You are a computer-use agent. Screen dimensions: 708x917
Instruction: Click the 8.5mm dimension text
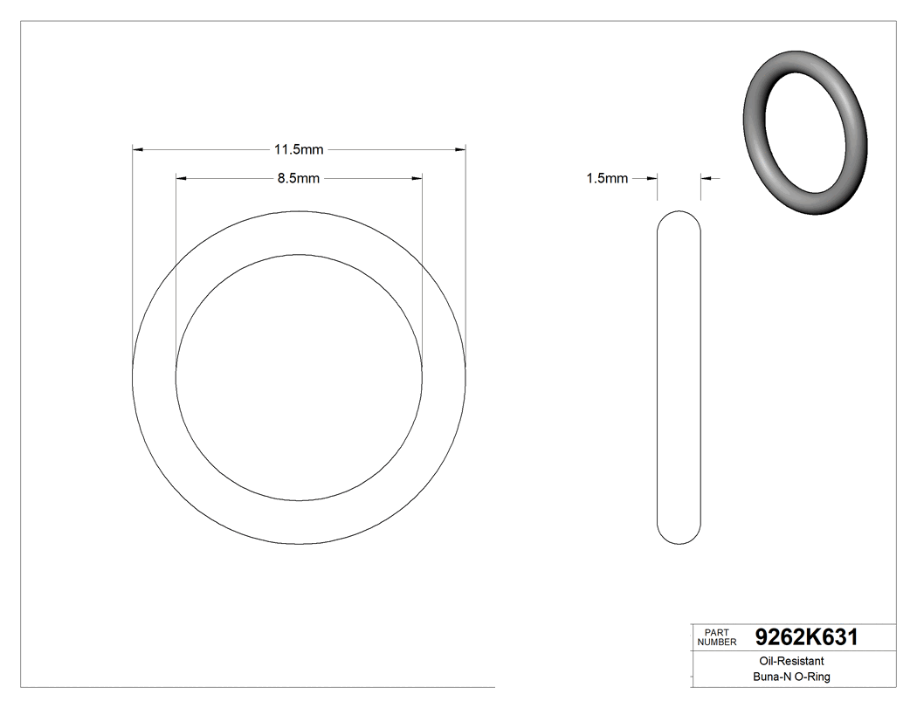(x=298, y=179)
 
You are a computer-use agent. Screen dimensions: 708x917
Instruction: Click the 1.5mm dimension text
(x=607, y=179)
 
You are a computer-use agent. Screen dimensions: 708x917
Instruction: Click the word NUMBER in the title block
(x=717, y=643)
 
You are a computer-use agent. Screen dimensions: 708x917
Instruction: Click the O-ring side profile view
(x=679, y=375)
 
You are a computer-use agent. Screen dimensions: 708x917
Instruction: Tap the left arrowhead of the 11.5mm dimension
(x=137, y=150)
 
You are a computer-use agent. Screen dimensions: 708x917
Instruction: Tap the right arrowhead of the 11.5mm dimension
(x=460, y=150)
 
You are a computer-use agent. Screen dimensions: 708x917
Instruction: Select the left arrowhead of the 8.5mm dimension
(x=182, y=179)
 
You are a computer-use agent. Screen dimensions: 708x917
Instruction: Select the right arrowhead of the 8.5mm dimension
(x=417, y=179)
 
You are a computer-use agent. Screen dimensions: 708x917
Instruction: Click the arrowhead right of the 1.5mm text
(x=652, y=179)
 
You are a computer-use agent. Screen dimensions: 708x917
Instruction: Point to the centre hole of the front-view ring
(x=299, y=376)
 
